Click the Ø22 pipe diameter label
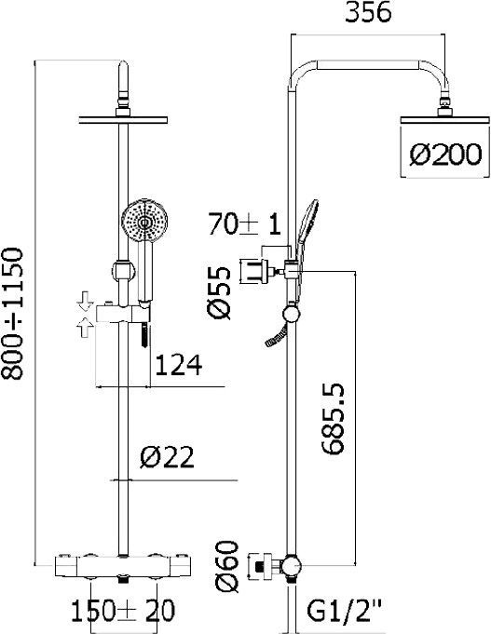point(171,458)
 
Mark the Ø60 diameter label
point(232,569)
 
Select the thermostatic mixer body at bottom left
point(123,564)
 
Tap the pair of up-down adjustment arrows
point(86,312)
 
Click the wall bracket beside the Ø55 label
point(257,271)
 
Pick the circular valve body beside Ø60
point(293,565)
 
